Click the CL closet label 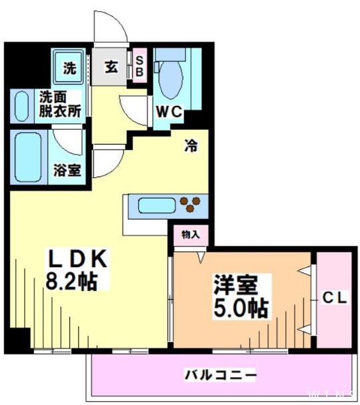click(x=334, y=299)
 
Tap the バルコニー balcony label click(x=220, y=375)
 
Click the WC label click(x=169, y=112)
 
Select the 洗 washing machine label click(x=69, y=67)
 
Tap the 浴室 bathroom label click(x=67, y=169)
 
